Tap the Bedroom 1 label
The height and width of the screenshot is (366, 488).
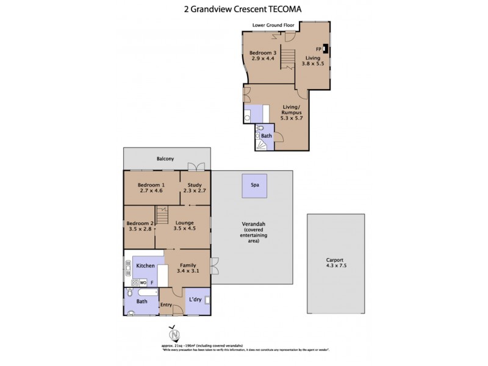[151, 185]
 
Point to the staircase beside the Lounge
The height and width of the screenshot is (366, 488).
[162, 215]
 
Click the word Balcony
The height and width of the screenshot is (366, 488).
[165, 159]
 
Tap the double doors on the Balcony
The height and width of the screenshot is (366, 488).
[196, 166]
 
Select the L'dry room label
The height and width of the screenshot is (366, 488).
[195, 300]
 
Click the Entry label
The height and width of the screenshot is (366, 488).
[166, 305]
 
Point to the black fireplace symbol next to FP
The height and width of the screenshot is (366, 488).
[326, 49]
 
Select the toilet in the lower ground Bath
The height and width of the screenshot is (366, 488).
[260, 129]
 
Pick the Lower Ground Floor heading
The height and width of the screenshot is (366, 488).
[273, 25]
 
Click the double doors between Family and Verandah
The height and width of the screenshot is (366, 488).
[213, 266]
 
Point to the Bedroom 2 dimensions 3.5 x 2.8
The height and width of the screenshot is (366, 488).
[139, 229]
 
